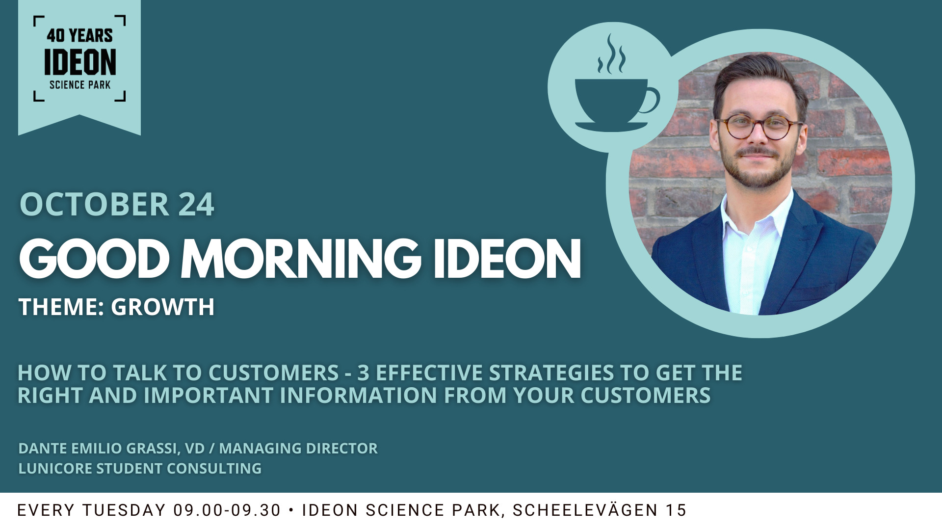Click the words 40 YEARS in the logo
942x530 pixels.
pyautogui.click(x=80, y=36)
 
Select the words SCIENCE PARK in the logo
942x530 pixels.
pyautogui.click(x=80, y=85)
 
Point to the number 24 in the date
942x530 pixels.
pyautogui.click(x=196, y=204)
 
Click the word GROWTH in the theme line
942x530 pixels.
pyautogui.click(x=163, y=307)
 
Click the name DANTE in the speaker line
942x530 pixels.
pyautogui.click(x=43, y=448)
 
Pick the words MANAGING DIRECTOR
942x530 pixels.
pyautogui.click(x=298, y=448)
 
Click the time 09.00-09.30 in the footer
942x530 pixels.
pyautogui.click(x=227, y=510)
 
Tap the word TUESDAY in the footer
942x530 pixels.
pyautogui.click(x=124, y=510)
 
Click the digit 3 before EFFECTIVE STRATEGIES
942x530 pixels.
pyautogui.click(x=363, y=373)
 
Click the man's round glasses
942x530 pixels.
pyautogui.click(x=758, y=126)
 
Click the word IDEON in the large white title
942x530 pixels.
pyautogui.click(x=507, y=259)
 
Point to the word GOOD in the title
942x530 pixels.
pyautogui.click(x=94, y=259)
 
